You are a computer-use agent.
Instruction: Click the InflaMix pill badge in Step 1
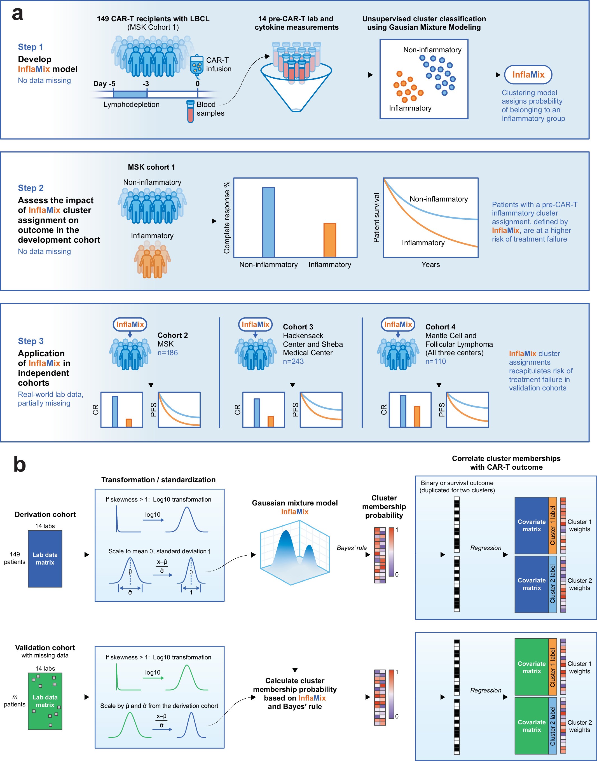pyautogui.click(x=528, y=75)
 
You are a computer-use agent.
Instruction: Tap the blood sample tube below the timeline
pyautogui.click(x=190, y=111)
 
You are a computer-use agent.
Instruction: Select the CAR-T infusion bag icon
pyautogui.click(x=197, y=66)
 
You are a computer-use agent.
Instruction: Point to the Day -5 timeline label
pyautogui.click(x=104, y=84)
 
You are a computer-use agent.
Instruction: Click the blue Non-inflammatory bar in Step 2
pyautogui.click(x=268, y=222)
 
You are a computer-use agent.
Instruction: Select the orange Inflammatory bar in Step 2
pyautogui.click(x=330, y=240)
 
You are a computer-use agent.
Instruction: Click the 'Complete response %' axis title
pyautogui.click(x=227, y=217)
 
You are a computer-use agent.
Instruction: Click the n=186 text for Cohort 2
pyautogui.click(x=167, y=353)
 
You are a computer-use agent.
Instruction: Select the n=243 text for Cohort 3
pyautogui.click(x=293, y=361)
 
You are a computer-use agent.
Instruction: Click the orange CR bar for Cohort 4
pyautogui.click(x=417, y=416)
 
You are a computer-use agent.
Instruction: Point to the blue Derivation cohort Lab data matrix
pyautogui.click(x=45, y=559)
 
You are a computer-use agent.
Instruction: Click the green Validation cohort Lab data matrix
pyautogui.click(x=45, y=701)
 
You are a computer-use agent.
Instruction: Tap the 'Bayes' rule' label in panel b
pyautogui.click(x=351, y=548)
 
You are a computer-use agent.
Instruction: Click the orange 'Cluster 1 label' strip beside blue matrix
pyautogui.click(x=552, y=525)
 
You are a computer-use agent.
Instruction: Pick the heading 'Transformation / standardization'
pyautogui.click(x=158, y=480)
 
